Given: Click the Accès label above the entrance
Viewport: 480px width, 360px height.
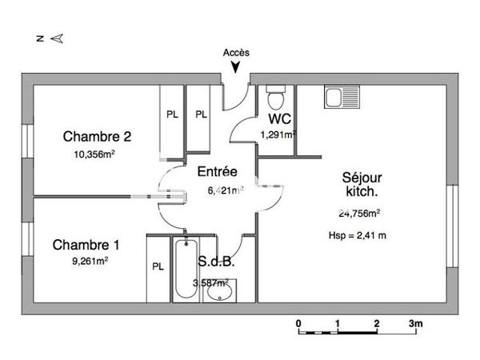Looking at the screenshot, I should (236, 52).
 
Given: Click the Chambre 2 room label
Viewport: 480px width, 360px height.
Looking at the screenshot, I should (97, 136).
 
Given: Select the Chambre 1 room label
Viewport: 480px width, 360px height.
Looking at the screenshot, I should (86, 245).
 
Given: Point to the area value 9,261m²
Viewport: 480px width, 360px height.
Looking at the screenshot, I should (90, 260).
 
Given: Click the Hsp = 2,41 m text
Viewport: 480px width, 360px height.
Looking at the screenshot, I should (358, 235).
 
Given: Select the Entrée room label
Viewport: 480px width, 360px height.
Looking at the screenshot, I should (217, 171).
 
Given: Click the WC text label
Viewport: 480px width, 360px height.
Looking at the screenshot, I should (279, 120).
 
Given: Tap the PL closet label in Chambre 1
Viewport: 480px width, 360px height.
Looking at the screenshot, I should (158, 266).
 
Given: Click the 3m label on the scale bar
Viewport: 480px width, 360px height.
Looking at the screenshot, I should (416, 324).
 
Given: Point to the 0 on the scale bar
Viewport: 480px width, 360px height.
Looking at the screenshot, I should (298, 324).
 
